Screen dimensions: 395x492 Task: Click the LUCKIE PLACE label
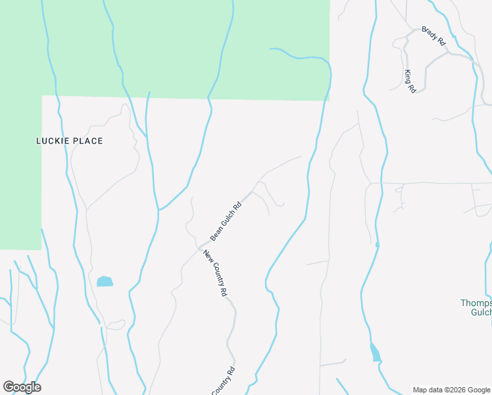[x=69, y=141]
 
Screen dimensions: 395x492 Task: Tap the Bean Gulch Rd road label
[x=226, y=221]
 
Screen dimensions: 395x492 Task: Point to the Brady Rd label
[x=434, y=36]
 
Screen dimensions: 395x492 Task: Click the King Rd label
[x=410, y=80]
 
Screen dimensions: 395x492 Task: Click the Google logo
[x=22, y=387]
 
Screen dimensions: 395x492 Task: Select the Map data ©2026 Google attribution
[x=452, y=390]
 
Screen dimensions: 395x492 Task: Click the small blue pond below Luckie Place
[x=105, y=282]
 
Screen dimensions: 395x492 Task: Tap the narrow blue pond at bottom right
[x=375, y=352]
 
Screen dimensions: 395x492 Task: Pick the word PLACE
[x=88, y=141]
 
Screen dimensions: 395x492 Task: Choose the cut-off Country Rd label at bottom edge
[x=224, y=382]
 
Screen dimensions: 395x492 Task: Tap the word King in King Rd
[x=408, y=76]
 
